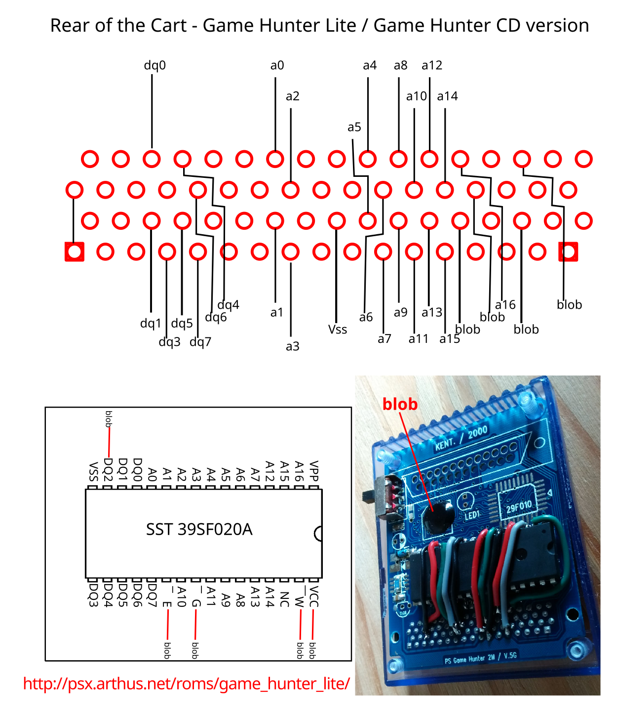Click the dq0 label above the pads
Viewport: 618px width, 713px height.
click(154, 65)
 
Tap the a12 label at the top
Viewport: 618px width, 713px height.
click(431, 65)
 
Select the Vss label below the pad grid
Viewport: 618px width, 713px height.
click(338, 330)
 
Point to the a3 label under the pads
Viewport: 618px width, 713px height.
click(292, 346)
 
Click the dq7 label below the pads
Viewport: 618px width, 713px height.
click(200, 342)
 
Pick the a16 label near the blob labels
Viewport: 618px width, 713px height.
click(505, 305)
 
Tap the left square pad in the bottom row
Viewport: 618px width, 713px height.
click(75, 252)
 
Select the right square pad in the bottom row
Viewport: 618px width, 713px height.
click(568, 252)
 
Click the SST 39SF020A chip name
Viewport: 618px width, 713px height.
click(199, 530)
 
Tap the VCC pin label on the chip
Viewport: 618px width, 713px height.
click(314, 597)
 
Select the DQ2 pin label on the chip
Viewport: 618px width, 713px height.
click(108, 469)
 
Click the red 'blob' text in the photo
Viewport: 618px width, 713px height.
click(400, 404)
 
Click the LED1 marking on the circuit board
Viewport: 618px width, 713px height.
click(472, 515)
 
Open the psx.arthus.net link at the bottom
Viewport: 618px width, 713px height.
click(186, 684)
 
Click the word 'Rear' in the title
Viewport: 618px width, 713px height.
click(70, 26)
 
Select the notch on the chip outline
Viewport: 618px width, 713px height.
click(318, 534)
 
